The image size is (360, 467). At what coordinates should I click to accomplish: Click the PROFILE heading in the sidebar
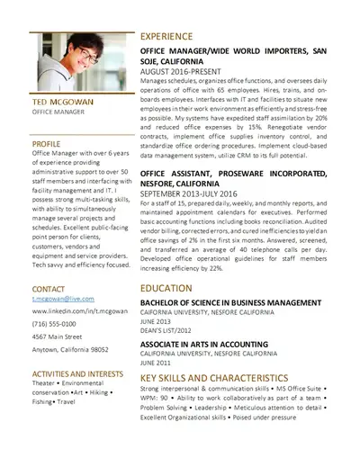click(x=46, y=143)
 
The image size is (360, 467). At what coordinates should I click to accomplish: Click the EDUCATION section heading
click(x=166, y=287)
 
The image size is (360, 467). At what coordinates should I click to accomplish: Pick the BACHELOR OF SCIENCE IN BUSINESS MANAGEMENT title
click(x=228, y=302)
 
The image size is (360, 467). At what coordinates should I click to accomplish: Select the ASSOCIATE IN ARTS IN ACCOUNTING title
click(x=206, y=346)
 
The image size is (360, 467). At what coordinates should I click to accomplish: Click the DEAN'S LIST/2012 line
click(x=166, y=328)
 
